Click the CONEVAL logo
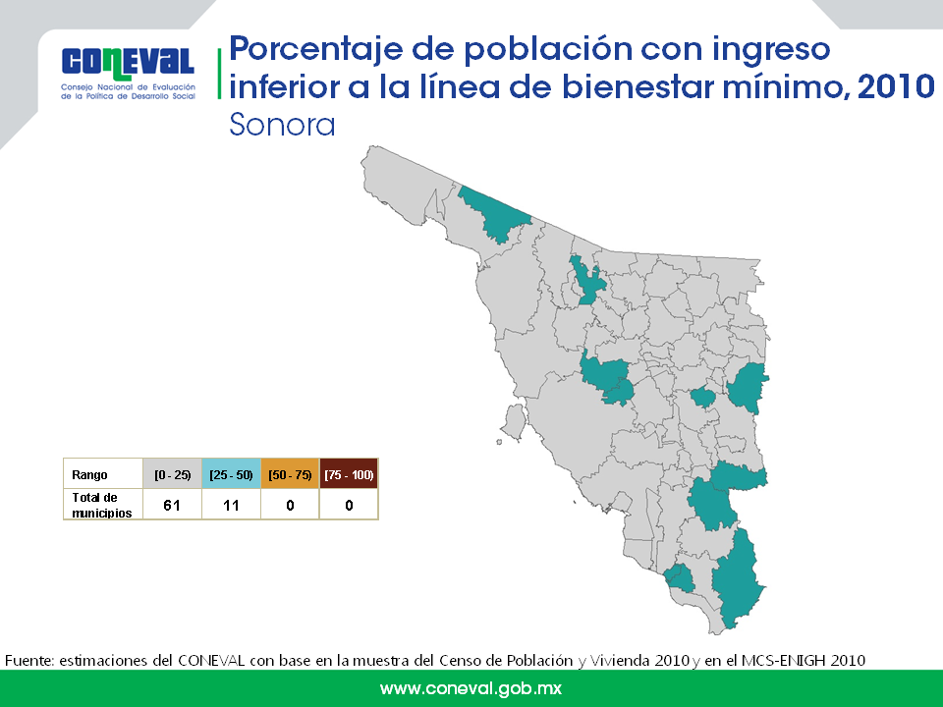(x=128, y=73)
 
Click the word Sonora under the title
(x=282, y=125)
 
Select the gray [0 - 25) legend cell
(x=172, y=473)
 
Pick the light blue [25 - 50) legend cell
(x=231, y=473)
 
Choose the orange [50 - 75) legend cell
(x=290, y=473)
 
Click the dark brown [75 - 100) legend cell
(x=349, y=473)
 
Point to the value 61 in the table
(x=172, y=505)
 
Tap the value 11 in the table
(x=231, y=505)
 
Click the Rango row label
(x=89, y=475)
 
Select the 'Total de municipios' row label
(x=101, y=505)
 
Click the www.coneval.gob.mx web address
(x=471, y=688)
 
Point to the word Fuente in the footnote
(x=28, y=660)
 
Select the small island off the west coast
(x=514, y=422)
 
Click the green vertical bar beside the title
(x=219, y=74)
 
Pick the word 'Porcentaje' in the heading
(x=315, y=49)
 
